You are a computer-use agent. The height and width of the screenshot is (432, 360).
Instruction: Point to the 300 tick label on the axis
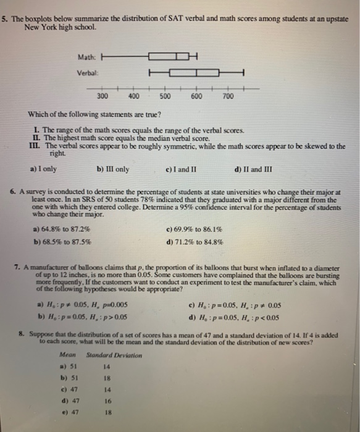103,97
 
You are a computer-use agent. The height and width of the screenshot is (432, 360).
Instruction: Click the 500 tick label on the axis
165,97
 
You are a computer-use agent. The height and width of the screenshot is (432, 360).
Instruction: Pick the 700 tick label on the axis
228,97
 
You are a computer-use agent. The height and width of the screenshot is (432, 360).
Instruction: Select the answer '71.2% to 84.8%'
219,242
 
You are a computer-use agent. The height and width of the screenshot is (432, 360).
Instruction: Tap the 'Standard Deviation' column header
114,355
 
